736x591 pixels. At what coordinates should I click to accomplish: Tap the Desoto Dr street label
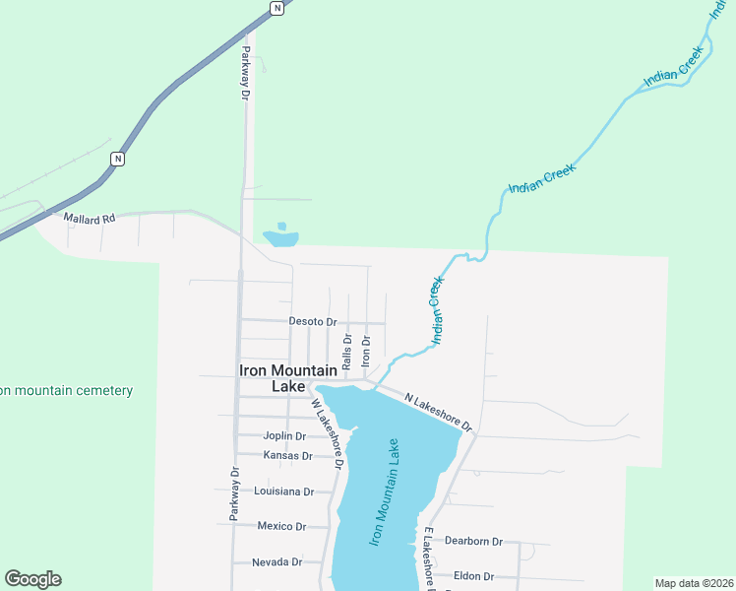313,321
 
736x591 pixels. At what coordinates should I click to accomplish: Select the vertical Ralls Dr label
347,350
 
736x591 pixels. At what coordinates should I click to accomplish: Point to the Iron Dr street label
365,352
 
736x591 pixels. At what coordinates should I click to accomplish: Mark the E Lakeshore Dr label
429,558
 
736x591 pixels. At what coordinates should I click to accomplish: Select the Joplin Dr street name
285,436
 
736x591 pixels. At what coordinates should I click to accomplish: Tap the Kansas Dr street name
287,455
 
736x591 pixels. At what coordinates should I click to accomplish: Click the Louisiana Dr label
283,491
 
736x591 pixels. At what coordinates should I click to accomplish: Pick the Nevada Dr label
276,561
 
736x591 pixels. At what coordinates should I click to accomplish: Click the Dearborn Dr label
473,541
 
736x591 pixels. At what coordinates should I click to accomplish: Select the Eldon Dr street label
473,576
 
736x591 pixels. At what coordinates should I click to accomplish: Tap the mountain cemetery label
66,391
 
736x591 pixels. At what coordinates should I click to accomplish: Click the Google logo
32,579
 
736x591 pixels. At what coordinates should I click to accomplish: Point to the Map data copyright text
693,583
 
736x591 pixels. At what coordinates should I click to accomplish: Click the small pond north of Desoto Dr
280,236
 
